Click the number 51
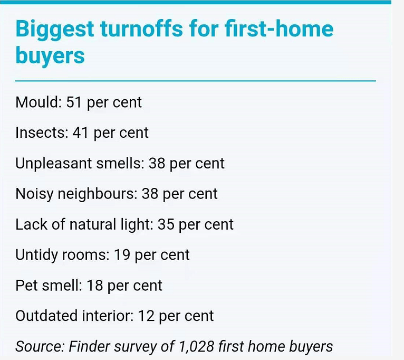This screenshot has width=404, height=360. click(74, 102)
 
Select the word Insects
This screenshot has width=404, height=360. click(42, 132)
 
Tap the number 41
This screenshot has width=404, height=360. click(80, 132)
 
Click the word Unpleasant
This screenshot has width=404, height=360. click(54, 164)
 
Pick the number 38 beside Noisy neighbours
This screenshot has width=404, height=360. click(150, 194)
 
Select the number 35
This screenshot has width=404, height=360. click(166, 224)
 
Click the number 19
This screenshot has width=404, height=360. click(122, 255)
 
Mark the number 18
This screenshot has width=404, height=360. click(94, 286)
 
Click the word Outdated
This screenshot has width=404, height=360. click(46, 316)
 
